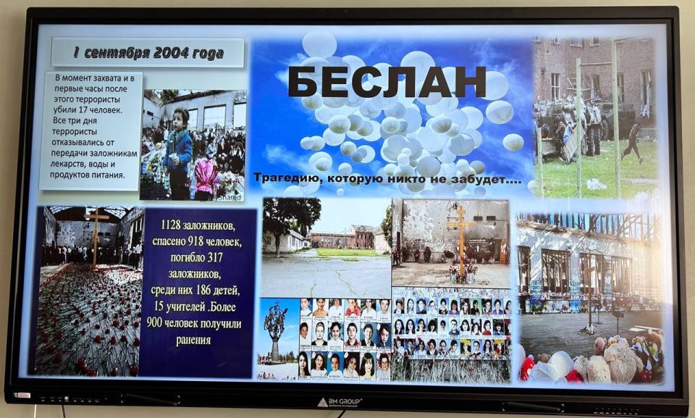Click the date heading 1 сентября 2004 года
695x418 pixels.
click(x=148, y=53)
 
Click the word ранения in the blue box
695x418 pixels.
click(x=193, y=339)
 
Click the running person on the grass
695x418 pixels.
click(x=633, y=142)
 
